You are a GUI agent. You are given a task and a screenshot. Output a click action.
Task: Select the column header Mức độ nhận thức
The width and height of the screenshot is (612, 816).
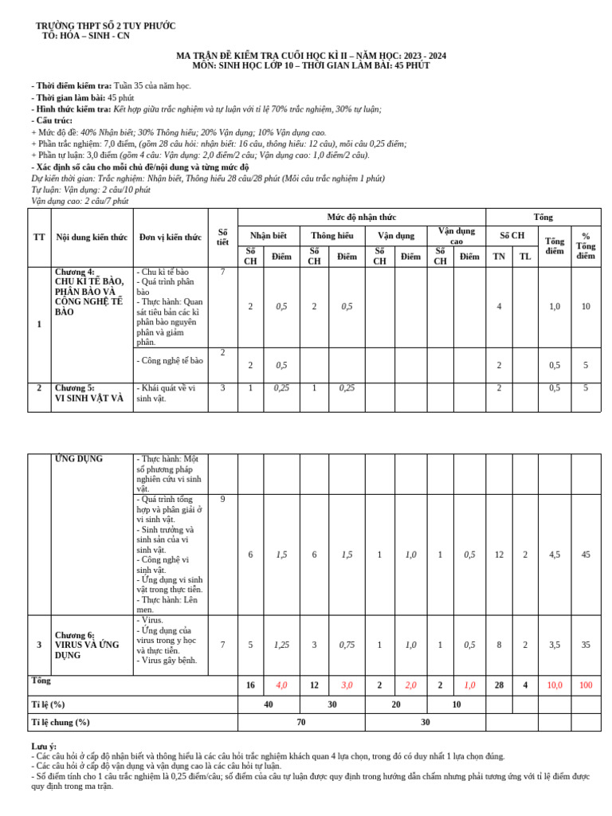361,217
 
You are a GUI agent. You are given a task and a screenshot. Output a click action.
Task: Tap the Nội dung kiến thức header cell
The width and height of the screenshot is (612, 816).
91,237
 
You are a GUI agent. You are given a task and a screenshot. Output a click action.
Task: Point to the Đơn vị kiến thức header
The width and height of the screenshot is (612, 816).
170,237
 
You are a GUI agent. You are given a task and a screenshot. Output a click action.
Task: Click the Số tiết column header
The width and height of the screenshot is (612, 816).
223,237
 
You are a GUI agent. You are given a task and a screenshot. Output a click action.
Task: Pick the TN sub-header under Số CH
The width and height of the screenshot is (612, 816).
499,257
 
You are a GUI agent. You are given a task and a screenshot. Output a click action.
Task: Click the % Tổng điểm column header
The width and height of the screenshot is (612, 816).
586,245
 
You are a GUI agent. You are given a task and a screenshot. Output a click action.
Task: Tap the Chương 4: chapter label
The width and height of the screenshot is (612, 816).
74,272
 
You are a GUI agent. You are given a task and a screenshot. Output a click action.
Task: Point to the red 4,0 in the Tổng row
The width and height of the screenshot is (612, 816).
281,685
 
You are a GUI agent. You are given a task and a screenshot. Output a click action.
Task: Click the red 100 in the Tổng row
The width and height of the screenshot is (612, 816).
586,685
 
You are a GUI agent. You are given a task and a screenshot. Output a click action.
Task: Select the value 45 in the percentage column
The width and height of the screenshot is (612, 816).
586,555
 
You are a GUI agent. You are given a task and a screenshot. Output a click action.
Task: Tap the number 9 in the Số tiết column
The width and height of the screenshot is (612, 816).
223,500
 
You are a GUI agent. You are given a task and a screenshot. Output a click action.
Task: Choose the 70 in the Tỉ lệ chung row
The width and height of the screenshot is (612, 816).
301,722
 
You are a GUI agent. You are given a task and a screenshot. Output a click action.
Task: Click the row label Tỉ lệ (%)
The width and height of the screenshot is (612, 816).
48,704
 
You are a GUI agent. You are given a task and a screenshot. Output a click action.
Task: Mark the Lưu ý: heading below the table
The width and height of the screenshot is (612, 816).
44,746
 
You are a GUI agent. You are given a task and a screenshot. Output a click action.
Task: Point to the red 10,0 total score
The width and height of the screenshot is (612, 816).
555,685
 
